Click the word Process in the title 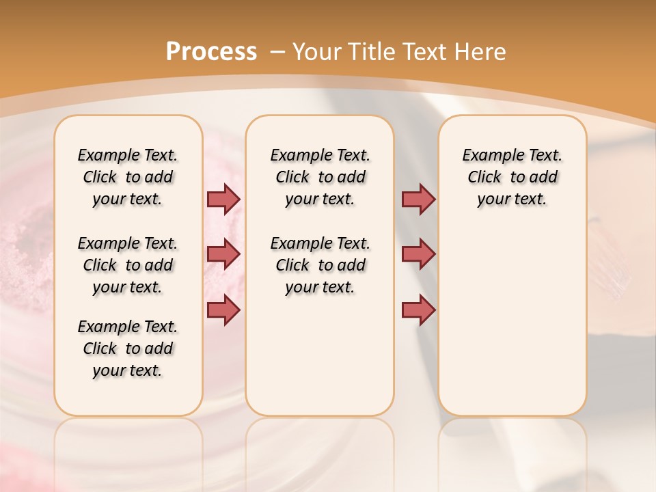[x=211, y=51]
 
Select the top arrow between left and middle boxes [x=223, y=199]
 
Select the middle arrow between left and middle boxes [x=223, y=254]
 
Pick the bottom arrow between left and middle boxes [x=223, y=310]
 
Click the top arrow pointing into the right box [x=418, y=199]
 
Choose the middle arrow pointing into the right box [x=418, y=254]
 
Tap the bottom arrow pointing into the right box [x=418, y=310]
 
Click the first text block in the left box [x=128, y=177]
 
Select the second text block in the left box [x=128, y=265]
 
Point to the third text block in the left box [x=128, y=348]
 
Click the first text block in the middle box [x=320, y=177]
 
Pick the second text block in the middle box [x=320, y=265]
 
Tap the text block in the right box [x=512, y=177]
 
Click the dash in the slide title [x=277, y=52]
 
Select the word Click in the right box [x=484, y=178]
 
